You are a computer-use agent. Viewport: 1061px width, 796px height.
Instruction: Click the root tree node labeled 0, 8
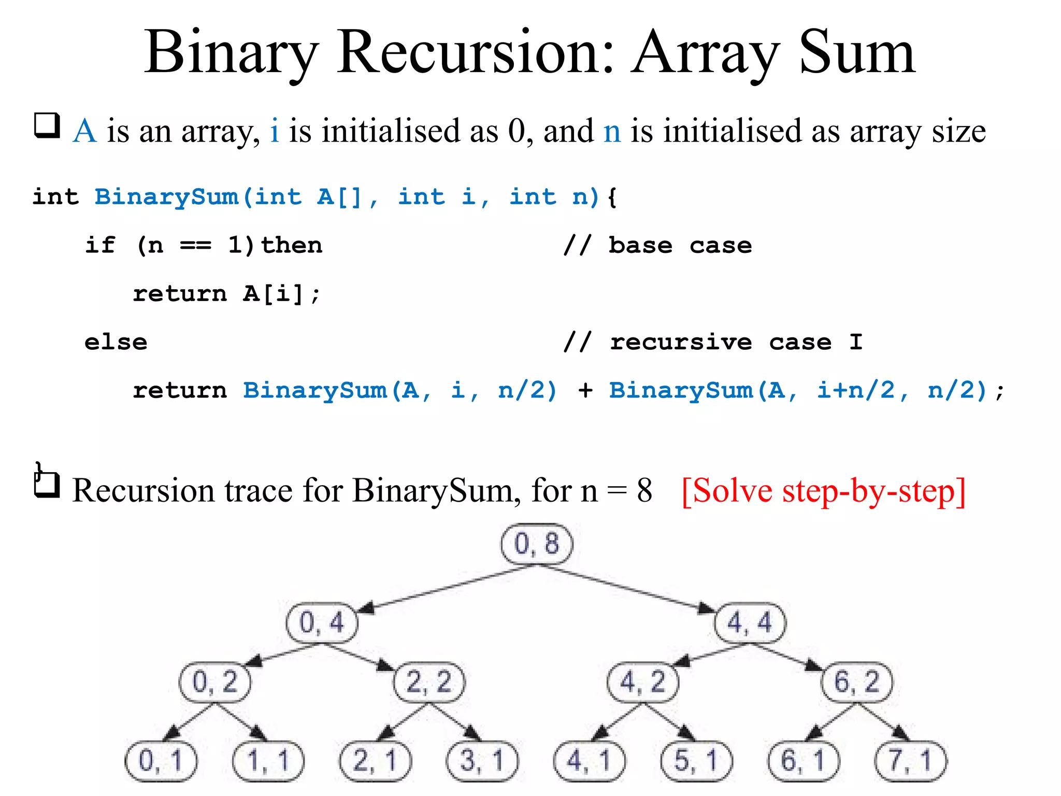pyautogui.click(x=537, y=544)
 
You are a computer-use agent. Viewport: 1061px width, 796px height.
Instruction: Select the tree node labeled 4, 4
pyautogui.click(x=750, y=622)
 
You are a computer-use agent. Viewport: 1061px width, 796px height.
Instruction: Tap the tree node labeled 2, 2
pyautogui.click(x=429, y=682)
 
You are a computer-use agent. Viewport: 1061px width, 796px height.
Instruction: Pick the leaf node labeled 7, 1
pyautogui.click(x=910, y=761)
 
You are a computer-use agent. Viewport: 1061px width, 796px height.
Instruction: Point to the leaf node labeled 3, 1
pyautogui.click(x=482, y=761)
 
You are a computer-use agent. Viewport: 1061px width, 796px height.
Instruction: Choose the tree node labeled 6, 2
pyautogui.click(x=857, y=682)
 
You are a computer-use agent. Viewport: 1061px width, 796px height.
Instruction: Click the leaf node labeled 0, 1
pyautogui.click(x=161, y=761)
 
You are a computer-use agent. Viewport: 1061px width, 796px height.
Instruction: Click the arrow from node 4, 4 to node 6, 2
pyautogui.click(x=787, y=657)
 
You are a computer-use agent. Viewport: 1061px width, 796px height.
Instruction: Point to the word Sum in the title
pyautogui.click(x=857, y=53)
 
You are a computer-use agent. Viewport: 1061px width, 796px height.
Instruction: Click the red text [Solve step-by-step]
pyautogui.click(x=823, y=491)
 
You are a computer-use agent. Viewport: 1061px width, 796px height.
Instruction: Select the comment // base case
pyautogui.click(x=657, y=245)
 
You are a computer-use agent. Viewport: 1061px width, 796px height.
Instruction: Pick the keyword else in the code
pyautogui.click(x=116, y=343)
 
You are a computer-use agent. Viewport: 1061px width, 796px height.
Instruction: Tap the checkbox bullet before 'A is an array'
pyautogui.click(x=47, y=126)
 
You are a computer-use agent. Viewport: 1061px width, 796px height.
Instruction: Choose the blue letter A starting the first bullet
pyautogui.click(x=85, y=131)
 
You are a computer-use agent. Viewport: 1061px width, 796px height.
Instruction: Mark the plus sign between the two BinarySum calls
pyautogui.click(x=585, y=390)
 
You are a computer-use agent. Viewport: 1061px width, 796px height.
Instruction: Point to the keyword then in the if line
pyautogui.click(x=291, y=245)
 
